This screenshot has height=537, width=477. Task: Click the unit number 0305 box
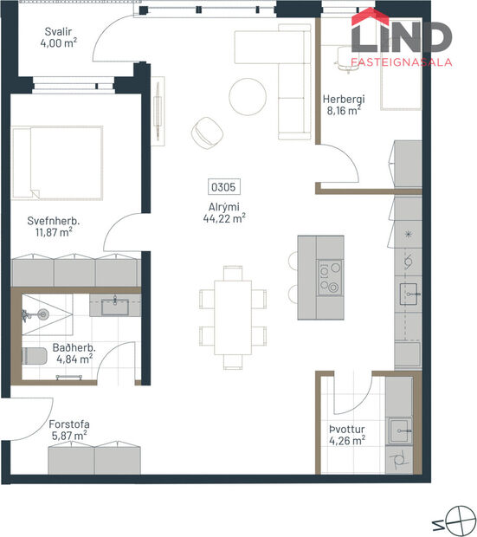[224, 186]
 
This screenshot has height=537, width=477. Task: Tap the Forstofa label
[68, 424]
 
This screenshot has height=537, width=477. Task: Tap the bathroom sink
[114, 305]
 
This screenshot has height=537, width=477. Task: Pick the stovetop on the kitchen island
[329, 278]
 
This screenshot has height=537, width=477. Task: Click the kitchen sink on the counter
[408, 293]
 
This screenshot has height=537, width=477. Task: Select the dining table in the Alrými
[232, 316]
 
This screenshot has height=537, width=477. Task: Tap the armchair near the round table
[208, 131]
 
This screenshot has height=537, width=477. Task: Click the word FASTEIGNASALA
[401, 62]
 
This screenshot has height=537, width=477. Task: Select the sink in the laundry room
[399, 427]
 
